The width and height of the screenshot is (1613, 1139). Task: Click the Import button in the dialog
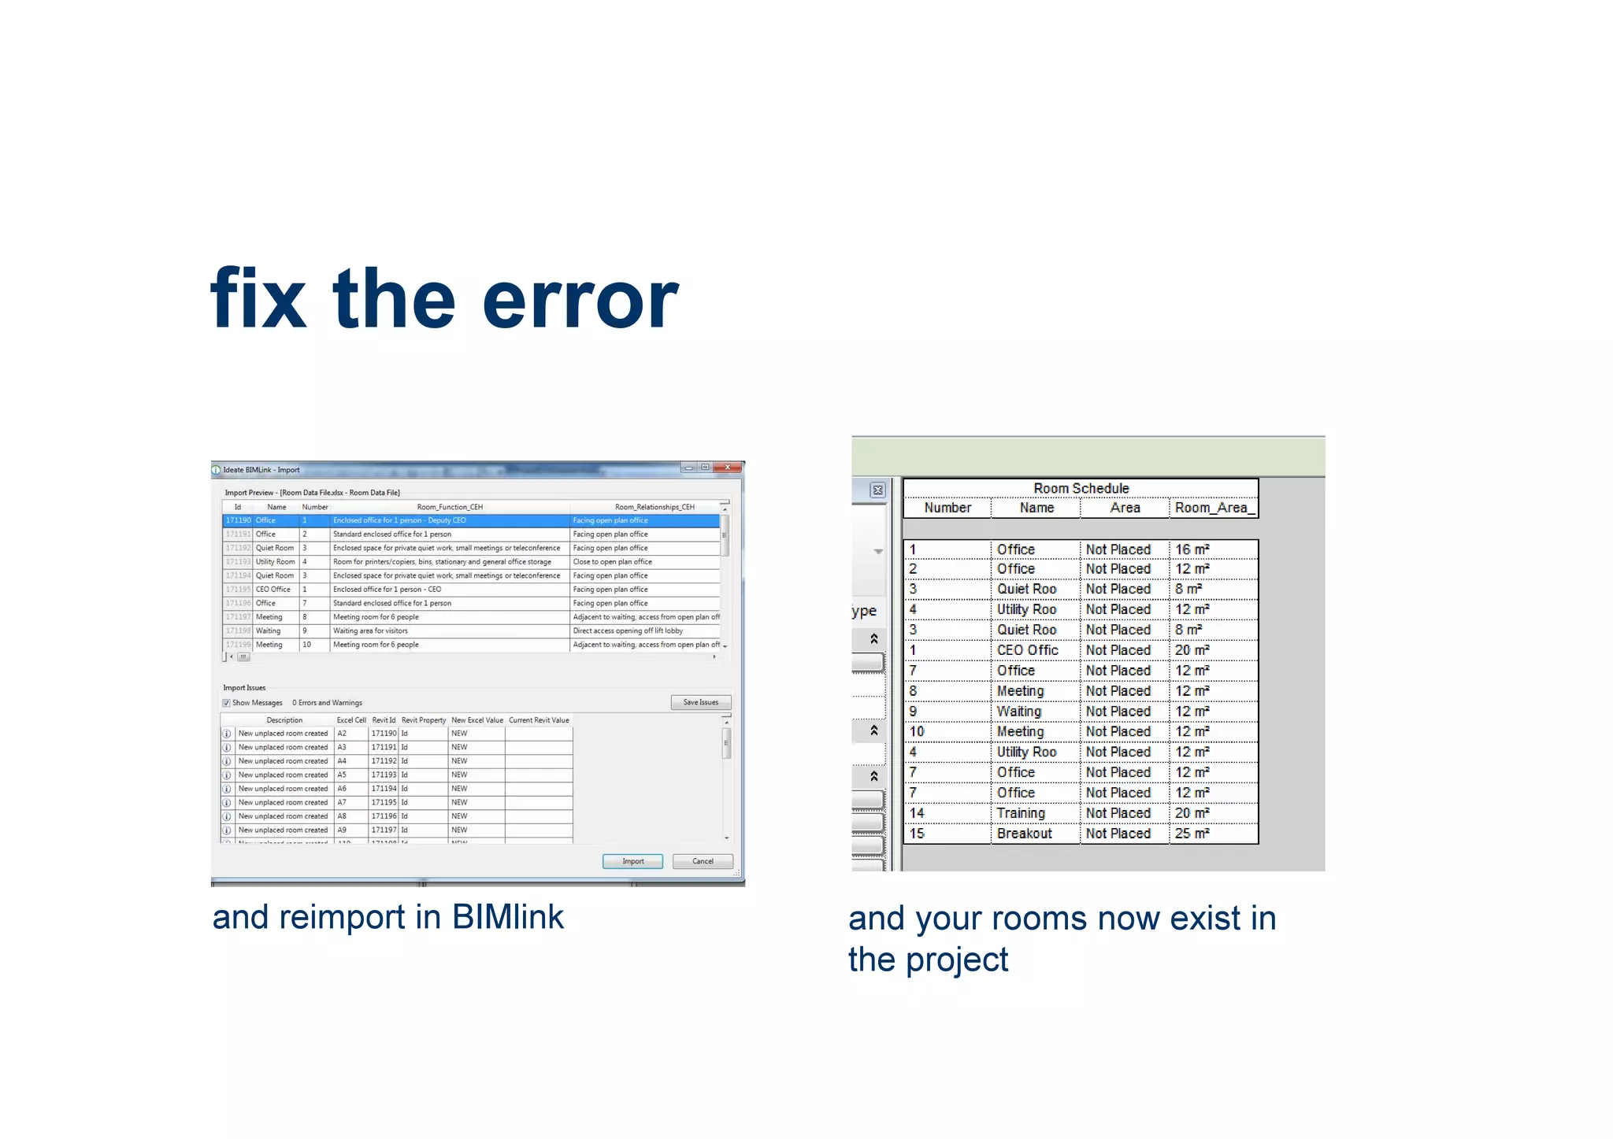click(x=632, y=861)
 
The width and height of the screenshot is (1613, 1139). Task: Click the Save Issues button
click(x=700, y=702)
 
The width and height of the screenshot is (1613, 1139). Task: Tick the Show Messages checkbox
click(x=227, y=703)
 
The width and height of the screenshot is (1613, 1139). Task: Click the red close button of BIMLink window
click(x=729, y=468)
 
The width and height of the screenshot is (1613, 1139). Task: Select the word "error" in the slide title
click(x=580, y=300)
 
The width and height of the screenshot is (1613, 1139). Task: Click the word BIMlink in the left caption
click(x=507, y=917)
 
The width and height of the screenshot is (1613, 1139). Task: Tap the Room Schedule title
click(x=1081, y=488)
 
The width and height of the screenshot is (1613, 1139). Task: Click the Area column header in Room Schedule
click(x=1125, y=508)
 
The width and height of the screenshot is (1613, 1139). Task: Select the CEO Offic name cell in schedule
click(x=1027, y=650)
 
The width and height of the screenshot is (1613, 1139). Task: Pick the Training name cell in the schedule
click(x=1021, y=813)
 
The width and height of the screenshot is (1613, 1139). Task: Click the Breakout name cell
click(x=1024, y=834)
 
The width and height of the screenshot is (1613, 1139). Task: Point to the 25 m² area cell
click(x=1192, y=834)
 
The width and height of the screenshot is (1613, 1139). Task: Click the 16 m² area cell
click(x=1192, y=549)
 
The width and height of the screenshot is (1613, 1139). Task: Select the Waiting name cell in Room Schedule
click(x=1018, y=712)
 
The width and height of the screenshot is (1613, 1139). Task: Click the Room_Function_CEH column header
click(x=450, y=507)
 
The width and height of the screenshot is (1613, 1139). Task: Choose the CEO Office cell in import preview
click(x=273, y=590)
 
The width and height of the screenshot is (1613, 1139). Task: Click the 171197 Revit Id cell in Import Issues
click(x=384, y=830)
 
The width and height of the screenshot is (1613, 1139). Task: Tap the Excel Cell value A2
click(x=342, y=734)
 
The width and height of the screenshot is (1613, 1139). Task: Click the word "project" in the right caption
click(x=956, y=960)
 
